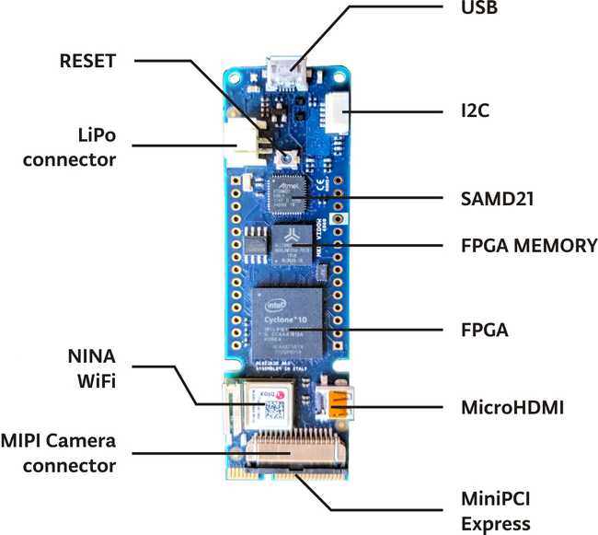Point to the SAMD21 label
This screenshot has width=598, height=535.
click(499, 198)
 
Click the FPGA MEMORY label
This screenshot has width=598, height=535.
click(528, 247)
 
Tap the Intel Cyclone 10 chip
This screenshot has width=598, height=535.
click(293, 321)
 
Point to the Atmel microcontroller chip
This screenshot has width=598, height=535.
click(286, 191)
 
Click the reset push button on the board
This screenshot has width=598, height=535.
click(289, 158)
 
